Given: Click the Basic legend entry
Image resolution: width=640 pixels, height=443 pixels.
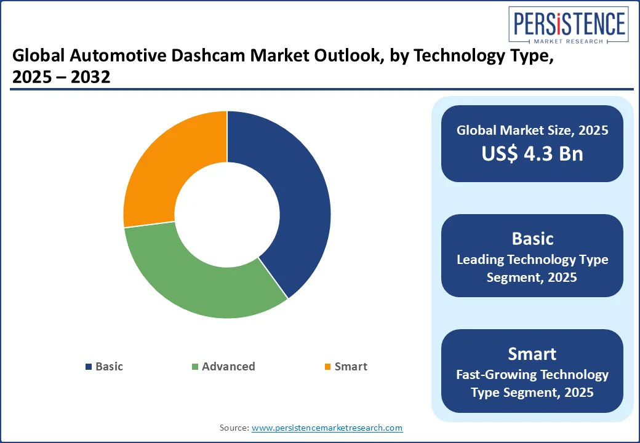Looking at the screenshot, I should coord(109,367).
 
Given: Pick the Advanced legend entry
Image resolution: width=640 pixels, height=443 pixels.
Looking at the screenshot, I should coord(228,367).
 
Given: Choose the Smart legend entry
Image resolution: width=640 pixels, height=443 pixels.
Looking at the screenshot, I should coord(351,367).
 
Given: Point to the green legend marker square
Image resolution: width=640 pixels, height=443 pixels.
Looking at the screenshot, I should coord(195,367).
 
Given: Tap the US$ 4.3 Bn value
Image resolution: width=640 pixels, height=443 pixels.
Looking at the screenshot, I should coord(532,153).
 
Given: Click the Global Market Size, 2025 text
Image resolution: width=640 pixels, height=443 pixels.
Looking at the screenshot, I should coord(532,130).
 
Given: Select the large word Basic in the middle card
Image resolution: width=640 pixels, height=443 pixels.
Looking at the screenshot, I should coord(532,239).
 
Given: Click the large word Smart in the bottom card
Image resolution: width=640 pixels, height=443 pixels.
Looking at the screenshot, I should coord(532,354).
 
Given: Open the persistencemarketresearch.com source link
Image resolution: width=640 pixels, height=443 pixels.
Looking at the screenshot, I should coord(327,428).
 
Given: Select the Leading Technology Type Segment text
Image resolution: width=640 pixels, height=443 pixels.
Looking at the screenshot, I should coord(532,268).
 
